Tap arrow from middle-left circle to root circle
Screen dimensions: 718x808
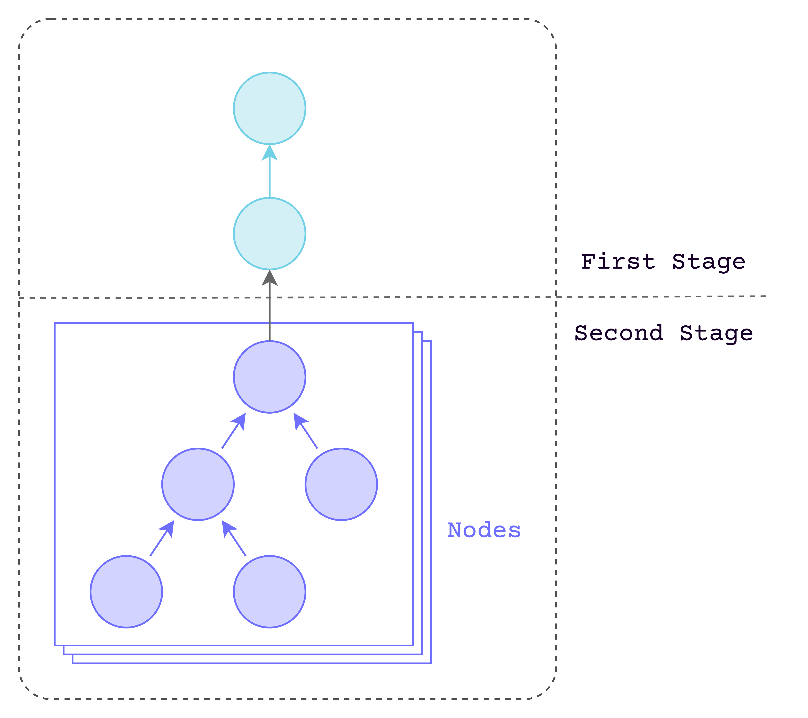click(x=233, y=431)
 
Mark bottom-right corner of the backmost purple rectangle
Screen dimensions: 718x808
click(x=431, y=663)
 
